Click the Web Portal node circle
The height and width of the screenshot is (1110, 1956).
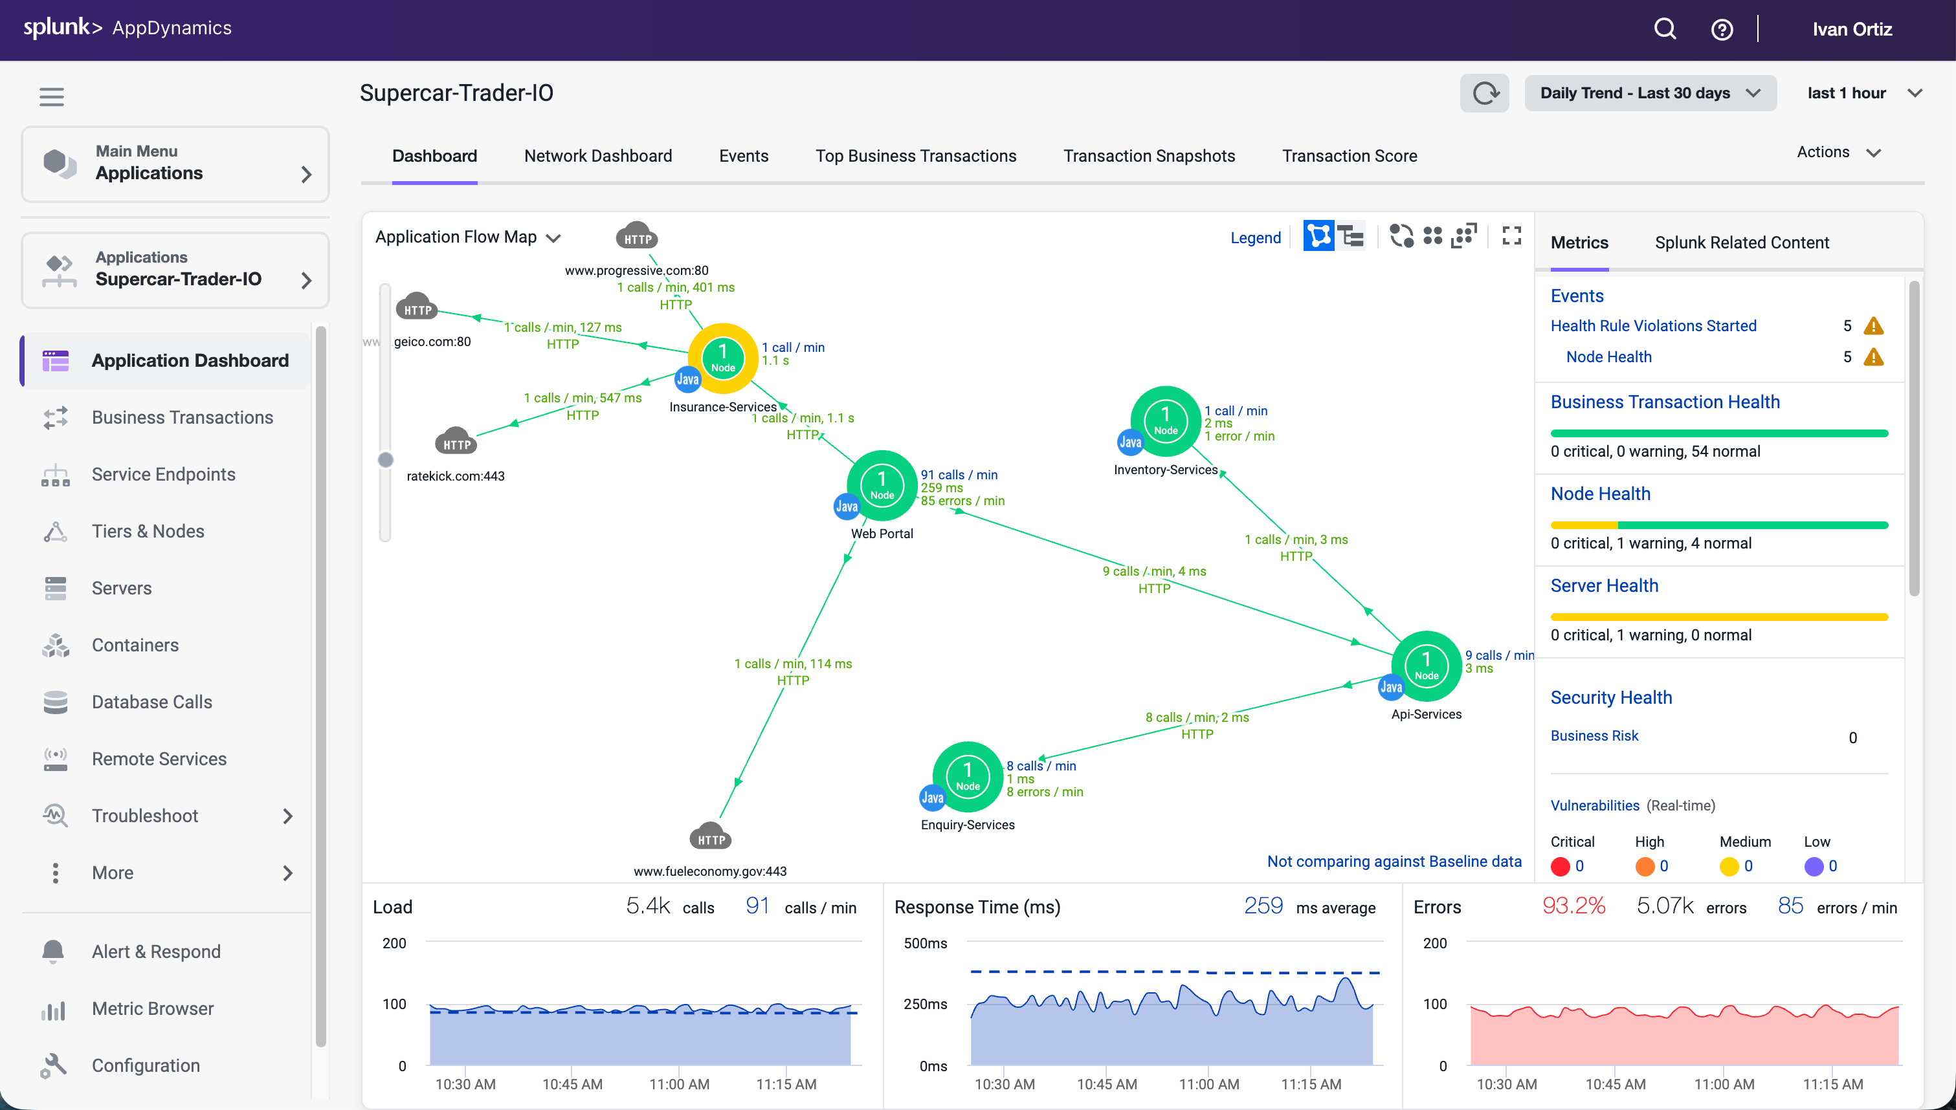[882, 485]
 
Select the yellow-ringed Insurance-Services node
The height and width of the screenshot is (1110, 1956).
[723, 358]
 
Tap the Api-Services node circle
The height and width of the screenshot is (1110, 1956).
[1426, 666]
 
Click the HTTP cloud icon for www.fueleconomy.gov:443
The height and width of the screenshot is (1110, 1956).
[711, 837]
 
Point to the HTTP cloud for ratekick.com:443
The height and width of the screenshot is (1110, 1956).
[456, 442]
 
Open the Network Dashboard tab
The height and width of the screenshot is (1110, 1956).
[598, 155]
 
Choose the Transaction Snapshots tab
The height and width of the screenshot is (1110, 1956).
[1148, 155]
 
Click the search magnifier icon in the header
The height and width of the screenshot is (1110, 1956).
[1665, 29]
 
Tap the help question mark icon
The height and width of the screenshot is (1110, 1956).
[1722, 30]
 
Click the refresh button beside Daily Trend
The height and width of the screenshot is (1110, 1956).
[1484, 93]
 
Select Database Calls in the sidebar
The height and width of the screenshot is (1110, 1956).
[151, 701]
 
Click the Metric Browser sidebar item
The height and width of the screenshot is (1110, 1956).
[153, 1008]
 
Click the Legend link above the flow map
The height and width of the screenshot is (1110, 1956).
[1255, 238]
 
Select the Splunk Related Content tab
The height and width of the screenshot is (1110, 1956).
[1742, 243]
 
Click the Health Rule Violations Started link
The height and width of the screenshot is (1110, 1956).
[1653, 325]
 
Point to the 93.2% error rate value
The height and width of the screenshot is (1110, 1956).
[1573, 906]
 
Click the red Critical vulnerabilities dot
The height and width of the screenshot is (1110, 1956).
[1561, 866]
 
